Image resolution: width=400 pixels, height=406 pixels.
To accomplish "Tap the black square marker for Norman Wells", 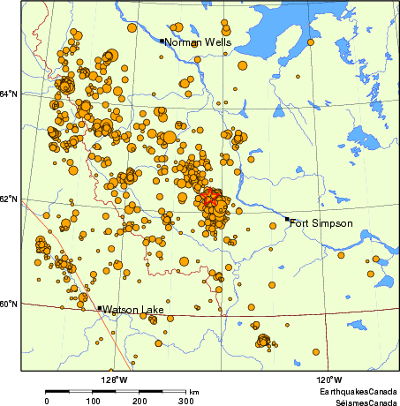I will pos(162,41).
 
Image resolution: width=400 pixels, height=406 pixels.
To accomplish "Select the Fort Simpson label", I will pos(321,223).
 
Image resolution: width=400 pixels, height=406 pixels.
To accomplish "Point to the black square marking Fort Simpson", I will pos(288,219).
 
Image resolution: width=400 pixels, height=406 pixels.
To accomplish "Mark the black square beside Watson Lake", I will pos(99,308).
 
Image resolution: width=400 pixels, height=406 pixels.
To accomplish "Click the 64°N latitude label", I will pos(8,94).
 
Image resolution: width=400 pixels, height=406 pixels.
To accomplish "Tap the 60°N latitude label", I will pos(8,304).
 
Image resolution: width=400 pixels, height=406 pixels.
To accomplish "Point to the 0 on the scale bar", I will pos(47,401).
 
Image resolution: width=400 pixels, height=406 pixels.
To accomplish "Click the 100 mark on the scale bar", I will pos(94,401).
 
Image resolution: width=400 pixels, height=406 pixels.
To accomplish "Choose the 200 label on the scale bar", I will pos(140,401).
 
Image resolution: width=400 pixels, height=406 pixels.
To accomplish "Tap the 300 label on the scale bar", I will pos(186,401).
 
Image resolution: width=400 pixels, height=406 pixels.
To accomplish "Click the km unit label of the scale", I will pos(193,391).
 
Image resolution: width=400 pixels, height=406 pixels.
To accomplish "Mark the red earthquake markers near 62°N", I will pos(210,199).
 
